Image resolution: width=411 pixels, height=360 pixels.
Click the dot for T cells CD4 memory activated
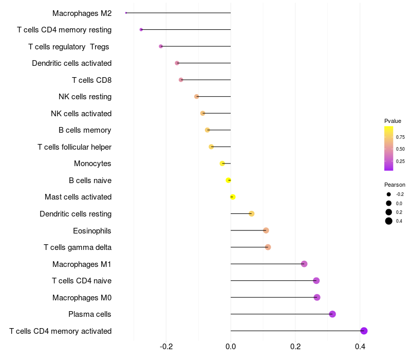(364, 331)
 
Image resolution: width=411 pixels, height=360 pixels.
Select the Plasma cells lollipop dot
(332, 314)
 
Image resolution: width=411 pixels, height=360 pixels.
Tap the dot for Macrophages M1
(304, 264)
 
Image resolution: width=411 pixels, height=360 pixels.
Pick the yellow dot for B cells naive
(228, 181)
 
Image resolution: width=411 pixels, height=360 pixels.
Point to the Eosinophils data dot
(266, 230)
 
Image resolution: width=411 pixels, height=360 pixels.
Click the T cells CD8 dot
(181, 80)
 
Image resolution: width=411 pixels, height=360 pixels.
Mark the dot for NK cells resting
(197, 97)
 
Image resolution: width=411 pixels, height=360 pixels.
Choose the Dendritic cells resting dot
(251, 213)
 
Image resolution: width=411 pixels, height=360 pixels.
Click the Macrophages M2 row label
(82, 13)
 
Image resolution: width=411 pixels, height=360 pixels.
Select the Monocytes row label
(92, 164)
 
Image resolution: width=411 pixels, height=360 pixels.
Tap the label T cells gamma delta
(78, 247)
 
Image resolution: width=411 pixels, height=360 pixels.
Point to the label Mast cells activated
(78, 197)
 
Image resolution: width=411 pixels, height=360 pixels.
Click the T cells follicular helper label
(74, 147)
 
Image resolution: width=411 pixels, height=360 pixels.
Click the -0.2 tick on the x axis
(166, 347)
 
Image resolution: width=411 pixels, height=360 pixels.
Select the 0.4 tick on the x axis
(360, 347)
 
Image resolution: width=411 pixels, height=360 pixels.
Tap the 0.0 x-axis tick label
(231, 347)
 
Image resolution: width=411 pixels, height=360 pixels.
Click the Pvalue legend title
(393, 121)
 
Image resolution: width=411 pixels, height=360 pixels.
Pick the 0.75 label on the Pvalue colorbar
(400, 137)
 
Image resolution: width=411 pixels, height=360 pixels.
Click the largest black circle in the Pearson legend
(389, 221)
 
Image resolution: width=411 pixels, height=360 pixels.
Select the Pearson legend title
(395, 185)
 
